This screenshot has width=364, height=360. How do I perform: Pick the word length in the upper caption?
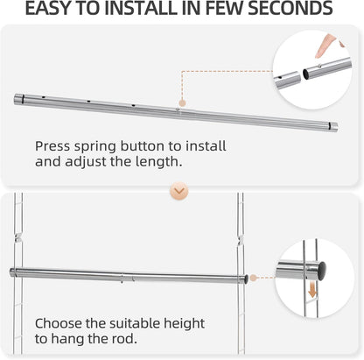pyautogui.click(x=164, y=163)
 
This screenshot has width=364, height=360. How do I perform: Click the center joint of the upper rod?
pyautogui.click(x=178, y=111)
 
